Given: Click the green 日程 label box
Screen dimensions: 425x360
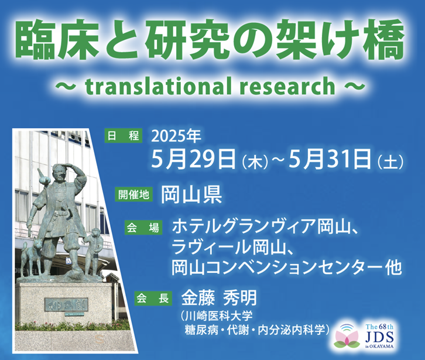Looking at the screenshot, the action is tap(124, 136).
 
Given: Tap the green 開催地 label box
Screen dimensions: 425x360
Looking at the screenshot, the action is tap(133, 194).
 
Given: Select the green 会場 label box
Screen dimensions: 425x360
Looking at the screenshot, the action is tap(143, 228).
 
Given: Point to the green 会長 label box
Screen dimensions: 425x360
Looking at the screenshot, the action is tap(153, 298).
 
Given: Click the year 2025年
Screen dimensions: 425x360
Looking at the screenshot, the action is tap(176, 136).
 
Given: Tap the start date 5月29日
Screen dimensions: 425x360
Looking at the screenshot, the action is tap(193, 159).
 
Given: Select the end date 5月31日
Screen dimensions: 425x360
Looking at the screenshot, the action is tap(330, 159).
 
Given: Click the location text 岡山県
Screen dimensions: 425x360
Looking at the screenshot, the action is tap(191, 194).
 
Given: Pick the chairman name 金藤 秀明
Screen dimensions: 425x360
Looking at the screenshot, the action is tap(219, 298).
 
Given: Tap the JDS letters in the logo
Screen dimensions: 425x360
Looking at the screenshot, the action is tap(379, 337).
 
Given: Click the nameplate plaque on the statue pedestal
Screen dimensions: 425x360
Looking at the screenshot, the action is tap(66, 305).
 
